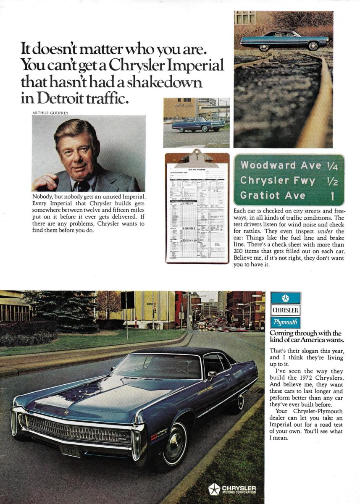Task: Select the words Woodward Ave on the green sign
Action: (269, 165)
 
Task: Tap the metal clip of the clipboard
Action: (197, 158)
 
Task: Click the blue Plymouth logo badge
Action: (286, 323)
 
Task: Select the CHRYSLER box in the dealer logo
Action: (286, 311)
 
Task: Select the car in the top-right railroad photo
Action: (284, 40)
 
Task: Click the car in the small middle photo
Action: (198, 124)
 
